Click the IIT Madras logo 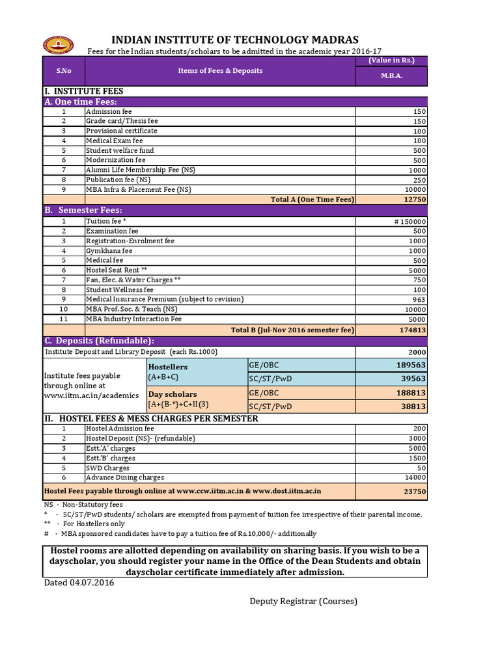59,44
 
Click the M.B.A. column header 391,75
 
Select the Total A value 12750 415,200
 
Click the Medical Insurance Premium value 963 419,300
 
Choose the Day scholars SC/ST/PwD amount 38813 413,406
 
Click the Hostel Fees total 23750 415,492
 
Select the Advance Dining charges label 125,477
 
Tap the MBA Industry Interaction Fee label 134,319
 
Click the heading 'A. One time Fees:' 81,102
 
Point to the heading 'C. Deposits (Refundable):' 99,341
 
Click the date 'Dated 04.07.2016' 79,583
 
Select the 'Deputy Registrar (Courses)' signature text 303,601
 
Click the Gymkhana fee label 109,251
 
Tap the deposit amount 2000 417,352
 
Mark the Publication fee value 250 419,180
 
